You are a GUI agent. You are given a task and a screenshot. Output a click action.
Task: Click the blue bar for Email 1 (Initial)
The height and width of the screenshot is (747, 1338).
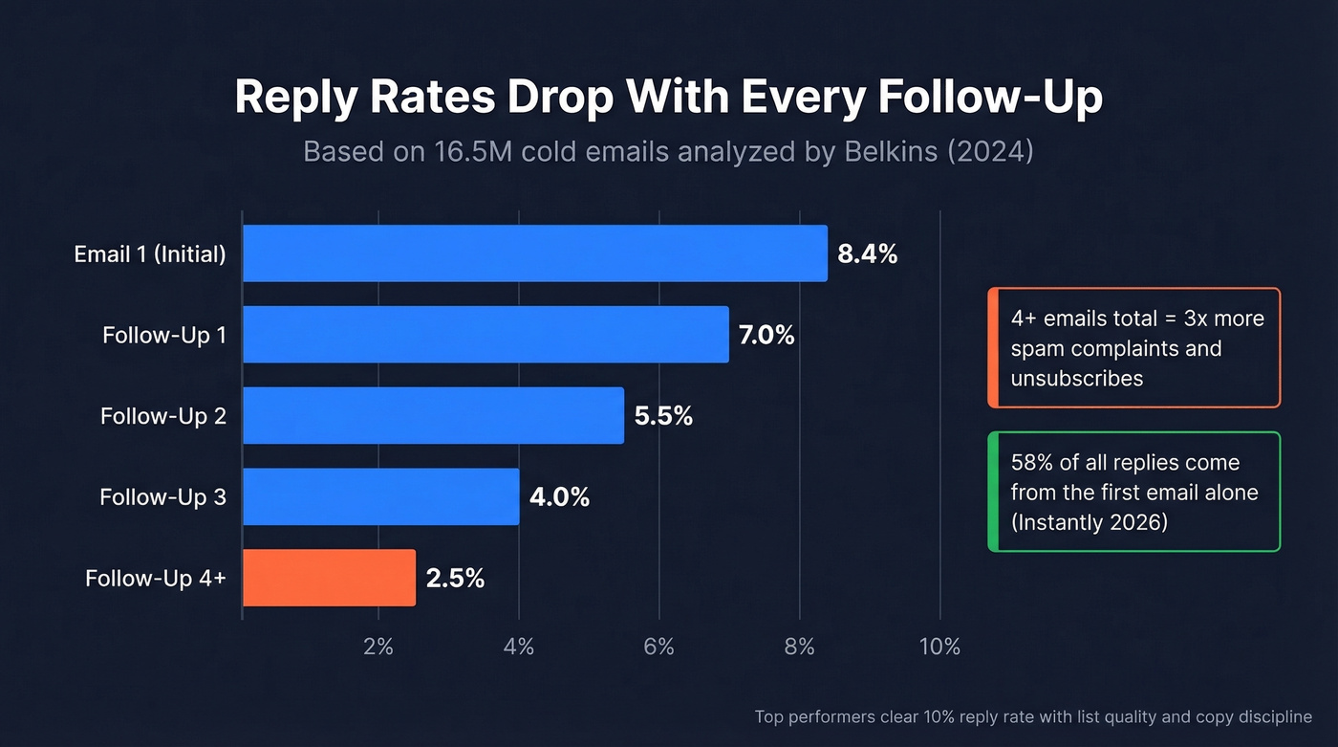pos(534,253)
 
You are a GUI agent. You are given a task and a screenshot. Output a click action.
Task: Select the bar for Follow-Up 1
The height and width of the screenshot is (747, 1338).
pos(486,335)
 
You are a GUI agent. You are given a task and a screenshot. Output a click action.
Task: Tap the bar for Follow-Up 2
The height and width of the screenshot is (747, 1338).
pos(433,415)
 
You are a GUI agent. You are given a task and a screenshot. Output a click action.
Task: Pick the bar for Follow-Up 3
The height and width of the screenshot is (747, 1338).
pos(380,496)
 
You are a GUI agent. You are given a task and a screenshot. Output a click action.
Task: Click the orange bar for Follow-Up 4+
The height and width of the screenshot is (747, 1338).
pos(329,578)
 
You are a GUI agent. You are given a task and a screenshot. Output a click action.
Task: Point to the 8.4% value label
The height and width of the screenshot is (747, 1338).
pos(867,254)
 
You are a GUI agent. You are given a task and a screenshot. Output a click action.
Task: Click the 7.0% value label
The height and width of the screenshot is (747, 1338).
pos(766,336)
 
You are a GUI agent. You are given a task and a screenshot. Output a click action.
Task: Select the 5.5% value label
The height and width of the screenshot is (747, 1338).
pos(663,416)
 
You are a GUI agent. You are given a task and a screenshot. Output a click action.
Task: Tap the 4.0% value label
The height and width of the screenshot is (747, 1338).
pos(559,497)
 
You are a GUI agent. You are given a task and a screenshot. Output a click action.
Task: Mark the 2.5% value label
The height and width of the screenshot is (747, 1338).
pos(455,579)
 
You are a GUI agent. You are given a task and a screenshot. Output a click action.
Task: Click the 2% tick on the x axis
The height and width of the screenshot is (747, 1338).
pos(378,648)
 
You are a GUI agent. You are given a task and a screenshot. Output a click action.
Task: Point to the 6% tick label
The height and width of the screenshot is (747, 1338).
pos(658,648)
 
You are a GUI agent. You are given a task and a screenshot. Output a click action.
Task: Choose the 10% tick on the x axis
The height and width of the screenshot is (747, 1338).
pos(939,648)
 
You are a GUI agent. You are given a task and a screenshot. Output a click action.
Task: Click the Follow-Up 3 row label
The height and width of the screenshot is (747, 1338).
pos(162,497)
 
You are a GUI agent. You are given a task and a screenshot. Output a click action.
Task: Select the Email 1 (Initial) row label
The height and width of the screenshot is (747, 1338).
pos(150,254)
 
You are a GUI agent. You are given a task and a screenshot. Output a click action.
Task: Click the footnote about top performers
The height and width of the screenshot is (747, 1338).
pos(1033,716)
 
